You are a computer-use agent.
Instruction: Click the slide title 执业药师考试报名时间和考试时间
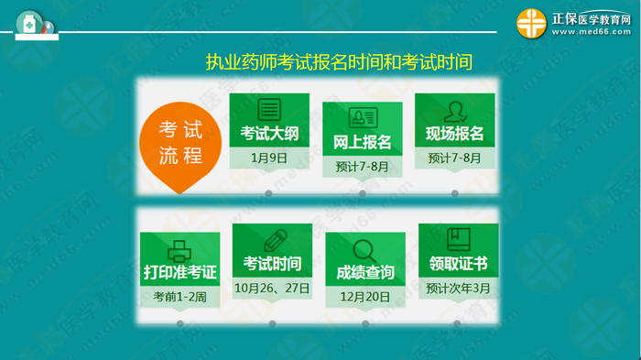coord(339,62)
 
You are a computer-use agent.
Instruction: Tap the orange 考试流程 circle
coord(180,142)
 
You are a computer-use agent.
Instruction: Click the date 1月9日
coord(269,158)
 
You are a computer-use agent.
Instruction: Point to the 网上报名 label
coord(362,142)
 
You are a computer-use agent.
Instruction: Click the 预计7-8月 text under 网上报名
coord(362,167)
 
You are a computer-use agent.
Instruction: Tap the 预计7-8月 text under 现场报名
coord(454,158)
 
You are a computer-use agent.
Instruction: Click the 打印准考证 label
coord(179,273)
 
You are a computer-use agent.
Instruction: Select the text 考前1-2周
coord(179,297)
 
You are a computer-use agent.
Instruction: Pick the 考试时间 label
coord(272,264)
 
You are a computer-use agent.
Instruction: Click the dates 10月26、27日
coord(272,288)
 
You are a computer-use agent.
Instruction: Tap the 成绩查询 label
coord(365,272)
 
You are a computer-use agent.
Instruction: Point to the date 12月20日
coord(365,297)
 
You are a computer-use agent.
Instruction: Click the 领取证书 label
coord(458,264)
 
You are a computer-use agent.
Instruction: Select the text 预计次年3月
coord(458,288)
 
